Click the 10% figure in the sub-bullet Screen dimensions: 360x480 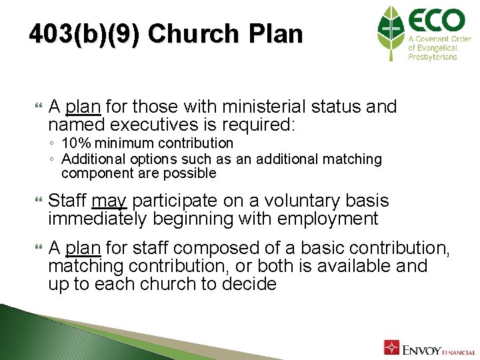coord(74,143)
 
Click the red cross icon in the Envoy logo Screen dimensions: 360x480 coord(391,347)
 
